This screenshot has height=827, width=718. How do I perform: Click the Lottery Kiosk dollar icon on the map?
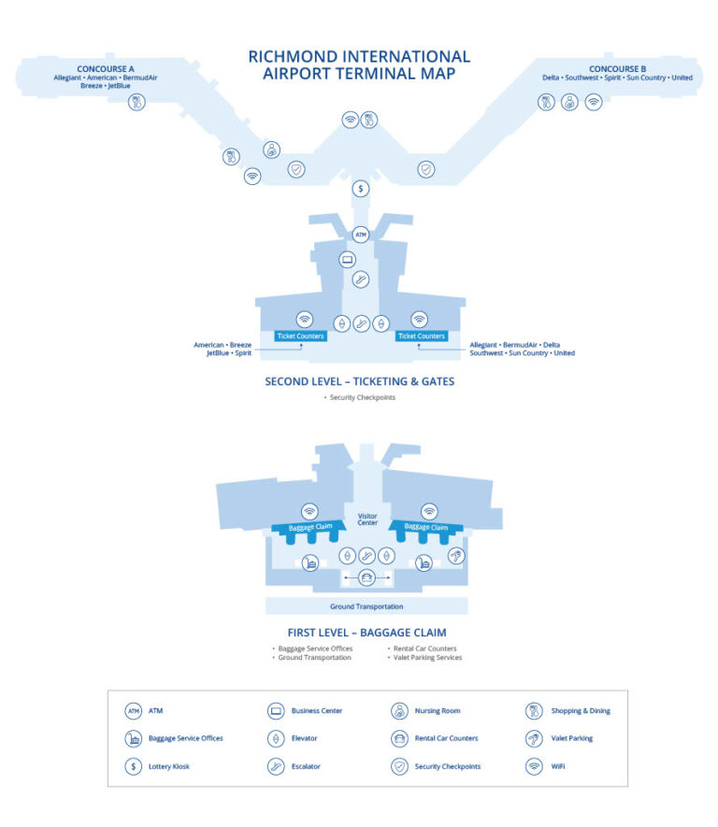(361, 188)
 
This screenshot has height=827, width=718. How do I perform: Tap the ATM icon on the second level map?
(361, 235)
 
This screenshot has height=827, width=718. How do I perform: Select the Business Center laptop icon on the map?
(347, 260)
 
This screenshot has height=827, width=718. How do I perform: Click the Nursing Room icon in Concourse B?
(569, 102)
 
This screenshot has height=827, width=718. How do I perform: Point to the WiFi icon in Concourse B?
(594, 102)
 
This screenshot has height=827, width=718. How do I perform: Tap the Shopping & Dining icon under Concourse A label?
(136, 102)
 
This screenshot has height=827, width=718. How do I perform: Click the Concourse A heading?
(106, 68)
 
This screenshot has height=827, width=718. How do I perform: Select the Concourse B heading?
(617, 68)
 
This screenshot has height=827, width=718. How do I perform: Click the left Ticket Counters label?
(301, 336)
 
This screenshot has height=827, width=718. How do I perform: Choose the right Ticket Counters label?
(422, 336)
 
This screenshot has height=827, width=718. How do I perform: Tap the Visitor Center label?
(367, 519)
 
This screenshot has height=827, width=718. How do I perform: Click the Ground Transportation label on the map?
(366, 606)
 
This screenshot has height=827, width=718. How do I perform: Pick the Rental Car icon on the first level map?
(366, 577)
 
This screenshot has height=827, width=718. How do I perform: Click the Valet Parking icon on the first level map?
(456, 555)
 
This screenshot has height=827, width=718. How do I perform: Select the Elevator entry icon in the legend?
(276, 738)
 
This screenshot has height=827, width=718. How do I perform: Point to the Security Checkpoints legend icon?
(399, 766)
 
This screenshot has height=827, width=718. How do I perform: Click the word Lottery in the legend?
(159, 766)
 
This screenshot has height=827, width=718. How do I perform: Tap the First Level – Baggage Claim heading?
(366, 633)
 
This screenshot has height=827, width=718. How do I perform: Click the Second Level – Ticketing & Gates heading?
(360, 381)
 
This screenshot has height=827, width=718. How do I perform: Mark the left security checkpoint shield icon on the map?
(296, 169)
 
